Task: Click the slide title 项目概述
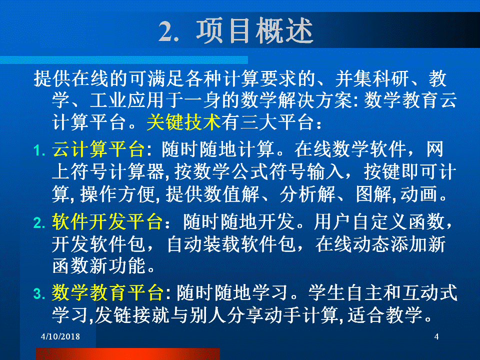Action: point(254,30)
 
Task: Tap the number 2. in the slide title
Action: point(168,31)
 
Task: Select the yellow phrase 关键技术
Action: point(183,122)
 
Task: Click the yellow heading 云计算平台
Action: point(98,149)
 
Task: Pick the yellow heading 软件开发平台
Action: point(107,221)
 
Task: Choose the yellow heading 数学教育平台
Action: point(107,292)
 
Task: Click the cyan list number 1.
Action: point(39,150)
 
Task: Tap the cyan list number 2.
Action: point(39,223)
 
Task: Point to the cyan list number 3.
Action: point(39,294)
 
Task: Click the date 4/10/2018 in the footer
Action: point(60,336)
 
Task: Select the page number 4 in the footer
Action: point(436,336)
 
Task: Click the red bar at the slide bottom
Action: point(128,354)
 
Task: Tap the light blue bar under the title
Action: point(124,60)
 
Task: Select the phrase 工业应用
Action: point(126,100)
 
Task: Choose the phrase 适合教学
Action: point(385,314)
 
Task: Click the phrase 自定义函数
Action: point(398,221)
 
